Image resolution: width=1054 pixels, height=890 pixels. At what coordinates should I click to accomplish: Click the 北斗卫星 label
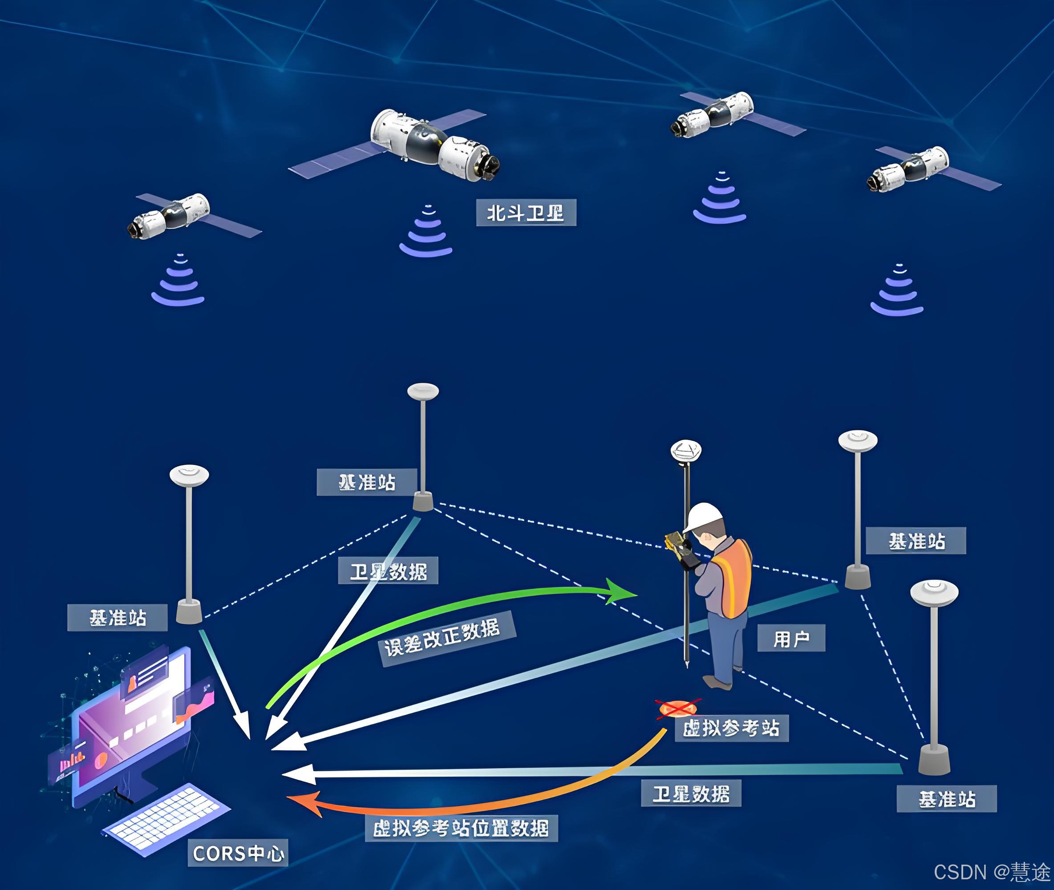pyautogui.click(x=526, y=213)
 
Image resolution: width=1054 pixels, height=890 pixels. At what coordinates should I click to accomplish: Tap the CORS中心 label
pyautogui.click(x=238, y=853)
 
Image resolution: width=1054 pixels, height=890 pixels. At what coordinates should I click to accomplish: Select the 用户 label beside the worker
pyautogui.click(x=791, y=638)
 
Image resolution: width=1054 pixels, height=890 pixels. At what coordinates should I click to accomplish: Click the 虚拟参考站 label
pyautogui.click(x=731, y=728)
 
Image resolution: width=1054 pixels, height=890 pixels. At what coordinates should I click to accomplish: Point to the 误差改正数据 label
pyautogui.click(x=447, y=638)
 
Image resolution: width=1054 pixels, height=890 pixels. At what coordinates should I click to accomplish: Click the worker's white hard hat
pyautogui.click(x=704, y=517)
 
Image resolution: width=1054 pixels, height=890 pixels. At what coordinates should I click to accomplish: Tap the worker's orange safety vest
pyautogui.click(x=733, y=578)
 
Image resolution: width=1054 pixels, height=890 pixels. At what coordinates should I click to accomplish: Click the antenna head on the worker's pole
pyautogui.click(x=686, y=450)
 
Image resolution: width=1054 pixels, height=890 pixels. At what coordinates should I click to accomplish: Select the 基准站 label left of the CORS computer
pyautogui.click(x=118, y=618)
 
